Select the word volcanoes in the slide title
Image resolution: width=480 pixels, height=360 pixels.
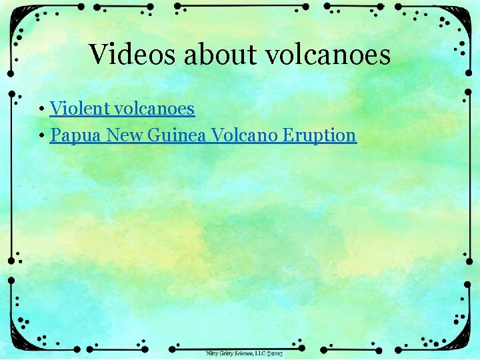click(x=329, y=55)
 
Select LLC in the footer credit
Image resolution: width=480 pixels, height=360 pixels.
click(x=261, y=353)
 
